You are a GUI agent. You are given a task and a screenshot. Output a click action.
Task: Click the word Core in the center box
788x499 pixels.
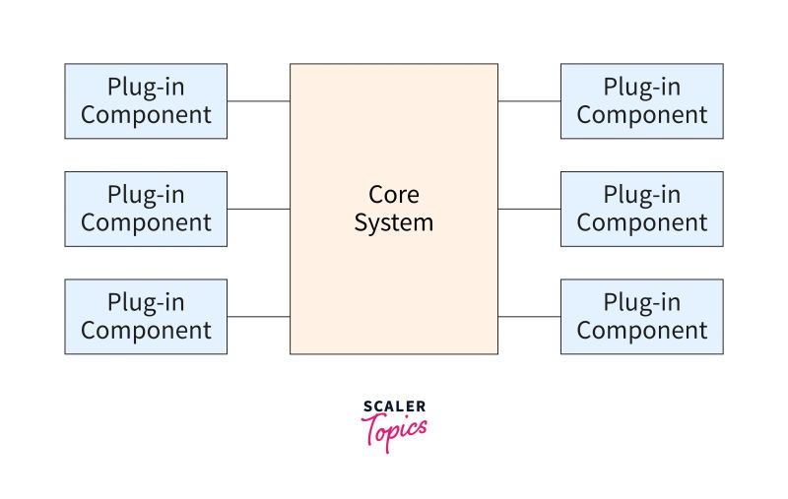click(393, 194)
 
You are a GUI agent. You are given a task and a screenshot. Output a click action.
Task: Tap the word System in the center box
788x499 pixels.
click(393, 222)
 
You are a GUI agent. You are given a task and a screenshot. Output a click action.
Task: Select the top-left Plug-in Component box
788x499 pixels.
click(146, 100)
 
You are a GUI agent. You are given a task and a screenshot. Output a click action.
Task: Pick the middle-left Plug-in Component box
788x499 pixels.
click(146, 208)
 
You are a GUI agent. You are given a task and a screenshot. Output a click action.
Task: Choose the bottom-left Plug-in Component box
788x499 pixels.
click(146, 316)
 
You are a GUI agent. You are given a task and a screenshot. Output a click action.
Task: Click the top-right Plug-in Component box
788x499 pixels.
click(641, 100)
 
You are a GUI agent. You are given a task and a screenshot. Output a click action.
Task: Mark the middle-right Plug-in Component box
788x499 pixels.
click(641, 208)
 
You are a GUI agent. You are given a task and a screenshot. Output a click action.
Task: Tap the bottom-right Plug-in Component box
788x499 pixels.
click(641, 316)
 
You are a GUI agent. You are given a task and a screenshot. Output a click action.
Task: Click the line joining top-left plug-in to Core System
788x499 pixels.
click(258, 100)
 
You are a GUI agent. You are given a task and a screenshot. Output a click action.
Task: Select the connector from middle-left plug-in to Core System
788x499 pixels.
click(258, 209)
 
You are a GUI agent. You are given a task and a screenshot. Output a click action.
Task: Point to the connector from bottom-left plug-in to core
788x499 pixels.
click(258, 317)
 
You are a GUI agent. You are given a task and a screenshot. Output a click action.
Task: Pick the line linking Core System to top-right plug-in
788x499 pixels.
click(529, 100)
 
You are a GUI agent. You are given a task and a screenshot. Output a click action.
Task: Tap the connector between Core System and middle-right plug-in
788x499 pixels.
click(529, 209)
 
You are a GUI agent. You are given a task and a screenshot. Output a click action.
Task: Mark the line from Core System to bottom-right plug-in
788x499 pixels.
click(529, 317)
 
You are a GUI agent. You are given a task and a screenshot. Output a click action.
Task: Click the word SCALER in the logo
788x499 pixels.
click(394, 405)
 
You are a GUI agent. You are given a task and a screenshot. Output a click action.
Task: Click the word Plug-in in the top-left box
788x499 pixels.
click(146, 87)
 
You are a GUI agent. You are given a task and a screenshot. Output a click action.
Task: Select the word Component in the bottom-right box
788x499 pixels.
click(641, 331)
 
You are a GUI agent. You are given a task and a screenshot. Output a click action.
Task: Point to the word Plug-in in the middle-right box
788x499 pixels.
click(641, 194)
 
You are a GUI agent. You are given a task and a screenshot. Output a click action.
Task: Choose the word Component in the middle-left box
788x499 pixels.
click(146, 222)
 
